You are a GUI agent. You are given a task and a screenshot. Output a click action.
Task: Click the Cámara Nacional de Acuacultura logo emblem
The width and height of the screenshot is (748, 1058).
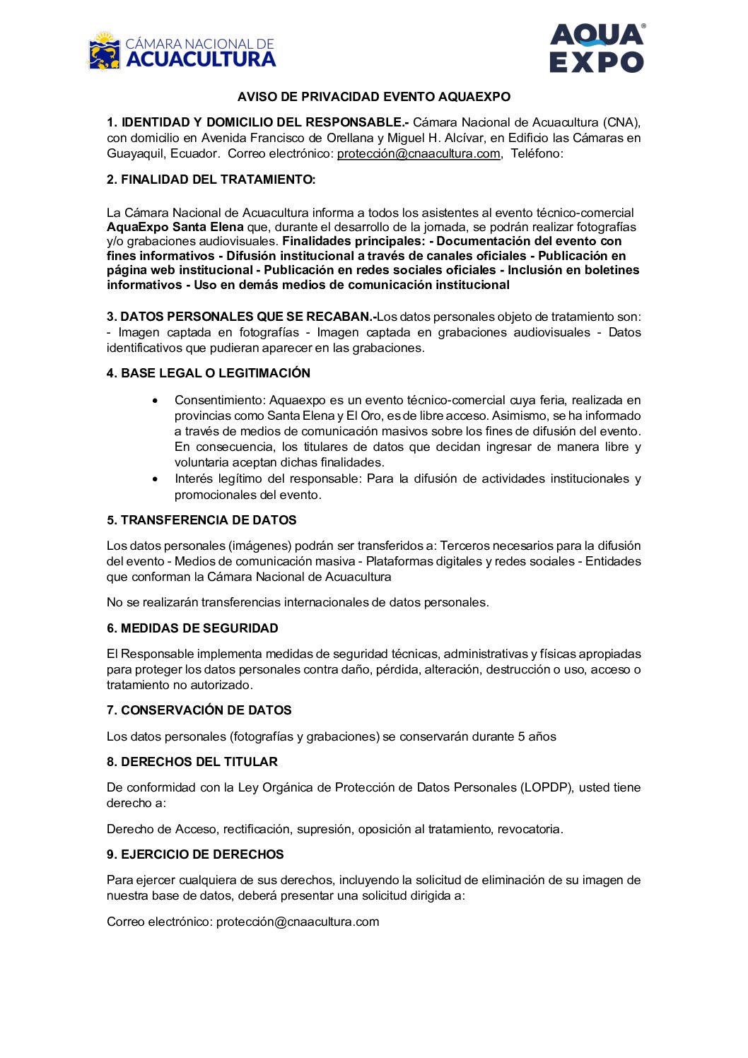[x=105, y=52]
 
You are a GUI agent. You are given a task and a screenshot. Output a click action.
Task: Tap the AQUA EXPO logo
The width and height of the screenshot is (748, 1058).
[x=596, y=48]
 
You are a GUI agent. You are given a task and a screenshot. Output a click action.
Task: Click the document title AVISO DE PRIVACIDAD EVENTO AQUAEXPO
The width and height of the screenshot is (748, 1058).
[x=373, y=97]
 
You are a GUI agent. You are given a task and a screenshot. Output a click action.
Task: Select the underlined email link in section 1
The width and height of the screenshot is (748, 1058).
[x=419, y=154]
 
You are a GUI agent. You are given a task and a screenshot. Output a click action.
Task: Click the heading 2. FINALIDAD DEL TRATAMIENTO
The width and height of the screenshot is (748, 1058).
[x=211, y=180]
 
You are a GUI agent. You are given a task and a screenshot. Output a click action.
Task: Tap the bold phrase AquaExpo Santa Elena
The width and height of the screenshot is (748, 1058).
[x=175, y=227]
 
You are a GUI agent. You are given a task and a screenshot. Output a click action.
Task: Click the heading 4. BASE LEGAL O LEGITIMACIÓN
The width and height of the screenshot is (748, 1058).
[x=209, y=373]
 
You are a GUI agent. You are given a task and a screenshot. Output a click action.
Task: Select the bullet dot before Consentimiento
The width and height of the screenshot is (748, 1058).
[x=156, y=401]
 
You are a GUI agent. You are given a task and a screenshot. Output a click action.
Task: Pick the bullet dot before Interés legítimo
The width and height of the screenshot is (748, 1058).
[x=156, y=479]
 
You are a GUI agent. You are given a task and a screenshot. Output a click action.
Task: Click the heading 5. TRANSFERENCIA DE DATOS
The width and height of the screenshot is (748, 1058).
[x=201, y=520]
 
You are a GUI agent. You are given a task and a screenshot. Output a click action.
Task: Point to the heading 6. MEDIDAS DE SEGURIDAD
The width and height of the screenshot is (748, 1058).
[x=192, y=628]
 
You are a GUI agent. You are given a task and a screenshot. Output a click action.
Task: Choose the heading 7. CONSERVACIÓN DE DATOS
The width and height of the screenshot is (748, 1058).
[x=199, y=710]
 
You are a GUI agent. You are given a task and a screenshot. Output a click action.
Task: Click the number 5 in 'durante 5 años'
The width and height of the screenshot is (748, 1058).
[x=521, y=736]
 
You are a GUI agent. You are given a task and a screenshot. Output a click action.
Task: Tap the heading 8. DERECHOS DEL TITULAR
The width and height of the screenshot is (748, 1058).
[x=192, y=762]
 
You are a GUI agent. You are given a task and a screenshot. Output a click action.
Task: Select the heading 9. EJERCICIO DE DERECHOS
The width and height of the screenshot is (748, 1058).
[x=195, y=854]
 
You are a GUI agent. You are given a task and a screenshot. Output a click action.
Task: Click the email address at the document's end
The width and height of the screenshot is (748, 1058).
[x=298, y=922]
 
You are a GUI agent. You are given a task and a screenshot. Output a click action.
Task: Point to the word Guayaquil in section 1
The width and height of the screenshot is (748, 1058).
[x=135, y=154]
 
